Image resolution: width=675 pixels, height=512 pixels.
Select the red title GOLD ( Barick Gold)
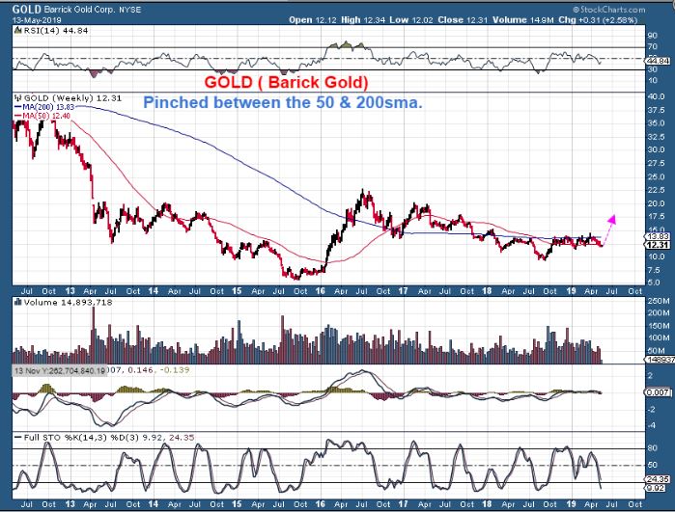point(287,82)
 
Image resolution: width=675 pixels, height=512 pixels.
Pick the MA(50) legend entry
point(45,117)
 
